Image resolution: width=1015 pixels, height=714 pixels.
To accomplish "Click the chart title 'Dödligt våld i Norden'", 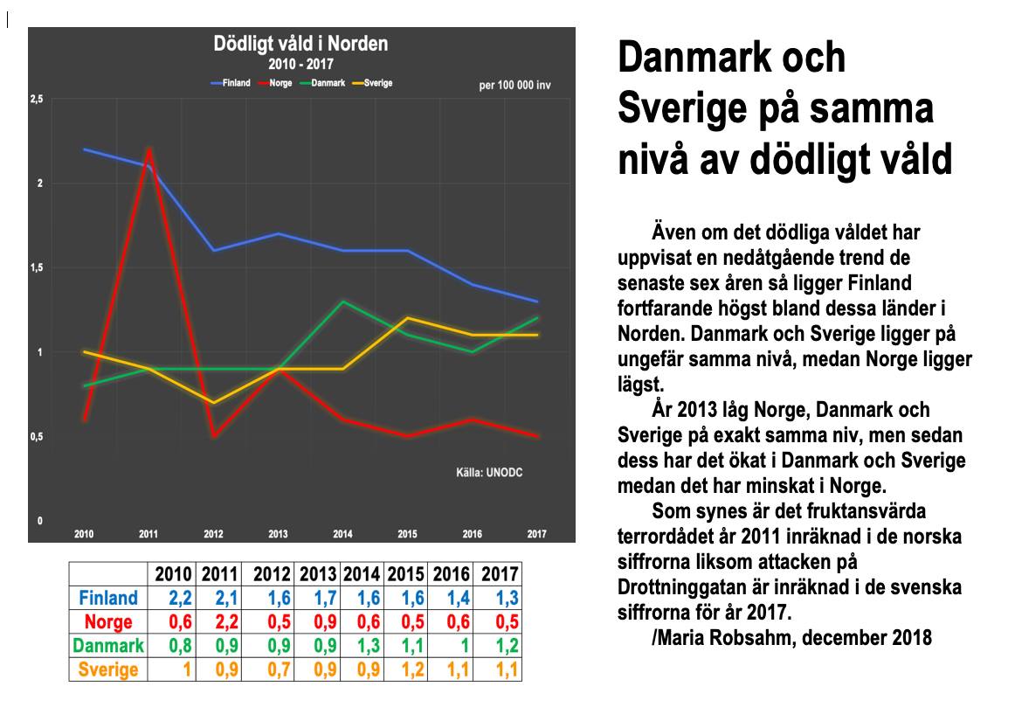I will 301,44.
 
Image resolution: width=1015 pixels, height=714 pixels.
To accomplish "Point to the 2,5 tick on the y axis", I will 37,100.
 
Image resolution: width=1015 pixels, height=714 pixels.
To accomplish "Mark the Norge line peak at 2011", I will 149,149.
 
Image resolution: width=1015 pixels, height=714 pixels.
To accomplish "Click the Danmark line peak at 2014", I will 342,302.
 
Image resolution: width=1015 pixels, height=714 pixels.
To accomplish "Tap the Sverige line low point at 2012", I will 214,403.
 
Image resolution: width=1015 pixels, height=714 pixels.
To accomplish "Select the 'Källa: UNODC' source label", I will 489,474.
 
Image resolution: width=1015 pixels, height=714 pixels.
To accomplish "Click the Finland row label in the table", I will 108,599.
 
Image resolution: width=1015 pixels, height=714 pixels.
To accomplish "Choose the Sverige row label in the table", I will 108,669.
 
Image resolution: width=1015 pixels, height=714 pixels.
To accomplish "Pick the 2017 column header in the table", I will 499,575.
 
